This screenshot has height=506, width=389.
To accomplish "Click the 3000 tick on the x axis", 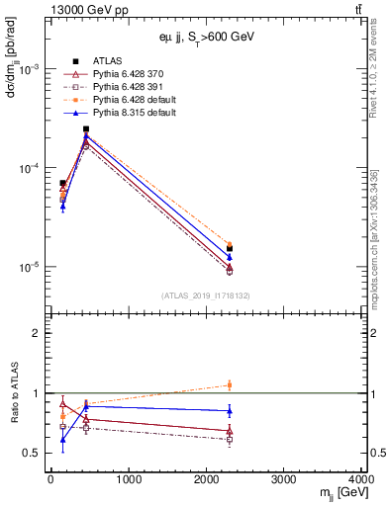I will click(x=284, y=480).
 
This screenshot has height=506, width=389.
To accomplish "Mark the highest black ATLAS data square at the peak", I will click(x=86, y=129).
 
